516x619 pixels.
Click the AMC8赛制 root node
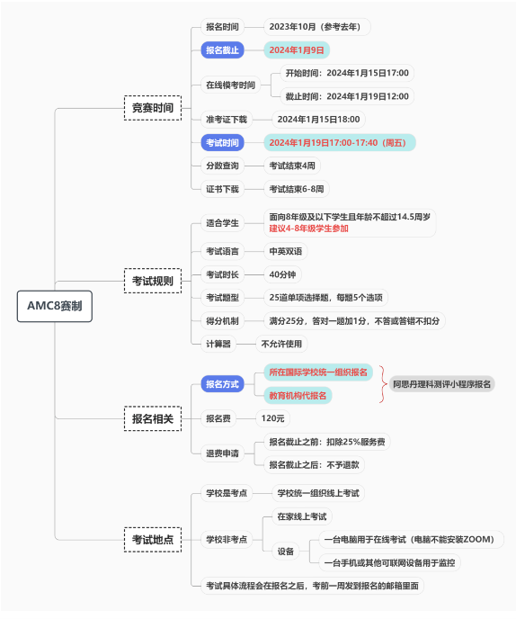click(x=55, y=306)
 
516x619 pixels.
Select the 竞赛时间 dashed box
click(x=153, y=108)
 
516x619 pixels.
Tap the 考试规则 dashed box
click(x=153, y=281)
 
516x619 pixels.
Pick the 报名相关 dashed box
click(x=153, y=418)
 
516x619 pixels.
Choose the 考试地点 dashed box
click(x=153, y=539)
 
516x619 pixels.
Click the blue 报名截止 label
click(x=223, y=50)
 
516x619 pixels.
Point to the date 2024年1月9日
click(x=297, y=50)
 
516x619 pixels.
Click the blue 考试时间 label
click(x=223, y=142)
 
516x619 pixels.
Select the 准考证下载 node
click(x=227, y=120)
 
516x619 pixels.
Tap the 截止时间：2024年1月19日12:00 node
click(x=347, y=96)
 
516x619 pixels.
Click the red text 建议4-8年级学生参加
click(x=309, y=229)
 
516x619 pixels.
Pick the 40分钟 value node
click(x=282, y=274)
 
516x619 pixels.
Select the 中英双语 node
click(x=286, y=251)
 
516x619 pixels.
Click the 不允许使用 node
click(x=281, y=344)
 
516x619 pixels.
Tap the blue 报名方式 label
click(x=223, y=383)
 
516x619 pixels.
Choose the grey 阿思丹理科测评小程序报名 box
click(x=441, y=383)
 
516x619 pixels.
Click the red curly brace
click(x=383, y=384)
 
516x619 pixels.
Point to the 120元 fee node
click(x=273, y=418)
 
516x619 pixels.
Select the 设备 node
click(x=286, y=552)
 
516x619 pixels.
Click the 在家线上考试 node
click(x=302, y=516)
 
